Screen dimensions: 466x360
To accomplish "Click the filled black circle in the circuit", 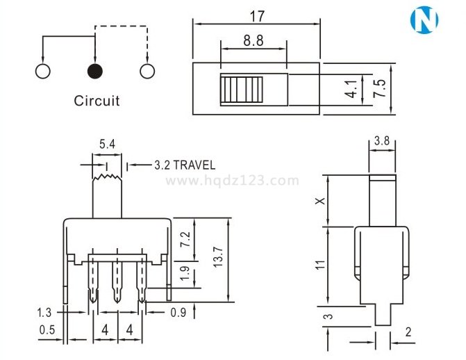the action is coord(95,72).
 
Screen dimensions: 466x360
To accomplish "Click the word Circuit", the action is coord(97,101).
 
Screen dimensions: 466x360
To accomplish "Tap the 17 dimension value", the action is coord(257,17).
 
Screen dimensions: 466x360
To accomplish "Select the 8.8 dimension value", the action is coord(253,40).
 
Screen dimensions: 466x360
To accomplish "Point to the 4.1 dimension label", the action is coord(351,89).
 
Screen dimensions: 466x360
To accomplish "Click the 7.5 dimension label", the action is coord(379,88).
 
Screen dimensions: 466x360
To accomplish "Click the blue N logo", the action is coord(424,19).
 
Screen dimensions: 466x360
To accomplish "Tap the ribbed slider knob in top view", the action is coord(242,90).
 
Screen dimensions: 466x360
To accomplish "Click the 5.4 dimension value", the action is coord(107,145).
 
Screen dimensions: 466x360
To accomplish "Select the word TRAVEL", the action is coord(194,165).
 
